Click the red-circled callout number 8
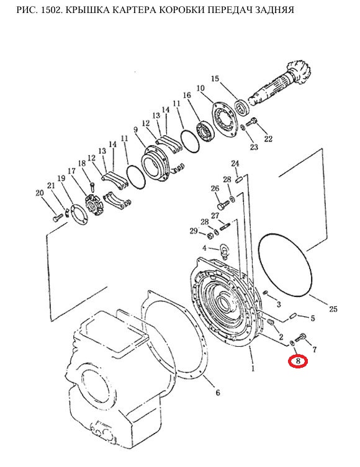[297, 362]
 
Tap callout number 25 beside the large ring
[333, 309]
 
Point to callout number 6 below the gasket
[217, 393]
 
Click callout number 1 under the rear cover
[253, 369]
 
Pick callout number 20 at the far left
[40, 193]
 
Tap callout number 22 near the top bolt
[268, 138]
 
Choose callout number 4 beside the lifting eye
[204, 248]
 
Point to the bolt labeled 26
[223, 205]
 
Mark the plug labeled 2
[271, 322]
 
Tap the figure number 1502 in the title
[48, 10]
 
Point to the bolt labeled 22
[252, 122]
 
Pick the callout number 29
[194, 231]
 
